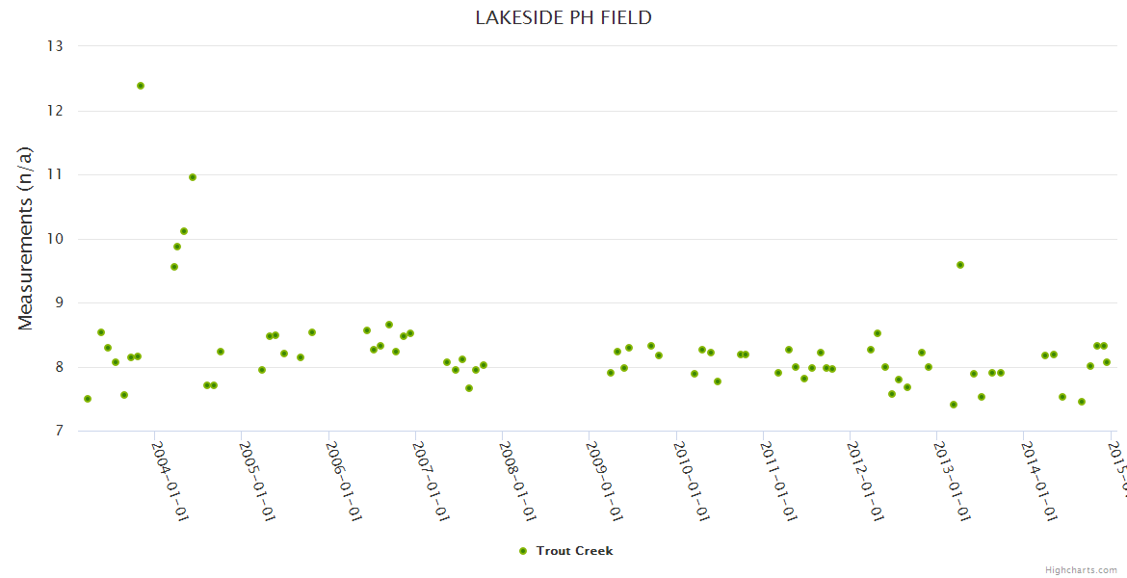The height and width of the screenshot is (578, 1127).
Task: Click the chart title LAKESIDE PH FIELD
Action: coord(563,17)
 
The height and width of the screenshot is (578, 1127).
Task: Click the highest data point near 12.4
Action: coord(141,86)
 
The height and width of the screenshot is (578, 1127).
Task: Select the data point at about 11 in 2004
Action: coord(193,177)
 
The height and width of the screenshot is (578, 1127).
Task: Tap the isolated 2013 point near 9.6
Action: coord(960,265)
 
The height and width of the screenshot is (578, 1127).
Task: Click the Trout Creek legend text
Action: coord(574,551)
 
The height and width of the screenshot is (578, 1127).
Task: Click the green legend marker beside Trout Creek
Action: coord(523,551)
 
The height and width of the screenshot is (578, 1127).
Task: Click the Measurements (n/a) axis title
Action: coord(26,239)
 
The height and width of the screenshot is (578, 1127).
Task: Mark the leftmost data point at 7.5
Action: coord(88,399)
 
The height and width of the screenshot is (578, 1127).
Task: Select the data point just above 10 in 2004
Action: coord(184,231)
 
